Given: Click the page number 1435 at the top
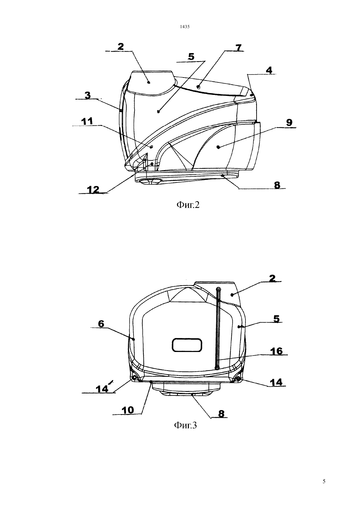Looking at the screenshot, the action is (185, 26).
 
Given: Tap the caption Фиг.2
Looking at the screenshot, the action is (188, 205).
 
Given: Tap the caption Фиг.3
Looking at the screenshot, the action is (185, 425).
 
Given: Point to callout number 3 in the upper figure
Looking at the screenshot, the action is (88, 95).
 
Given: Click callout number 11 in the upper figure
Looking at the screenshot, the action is (87, 121).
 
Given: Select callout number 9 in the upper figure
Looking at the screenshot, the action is (289, 123).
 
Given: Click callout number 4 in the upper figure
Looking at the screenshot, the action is (269, 70).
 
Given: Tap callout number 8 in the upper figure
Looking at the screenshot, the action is (277, 185).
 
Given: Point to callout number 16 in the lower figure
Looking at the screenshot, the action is (276, 351).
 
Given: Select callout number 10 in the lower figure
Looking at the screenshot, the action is (128, 410).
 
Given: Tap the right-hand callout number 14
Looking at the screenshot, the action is (276, 382).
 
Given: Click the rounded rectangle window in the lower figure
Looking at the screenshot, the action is (187, 345).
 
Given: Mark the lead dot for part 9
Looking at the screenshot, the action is (218, 147).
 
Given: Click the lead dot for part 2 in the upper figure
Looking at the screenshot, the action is (149, 82).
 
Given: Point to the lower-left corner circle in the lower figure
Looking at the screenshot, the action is (134, 377).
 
